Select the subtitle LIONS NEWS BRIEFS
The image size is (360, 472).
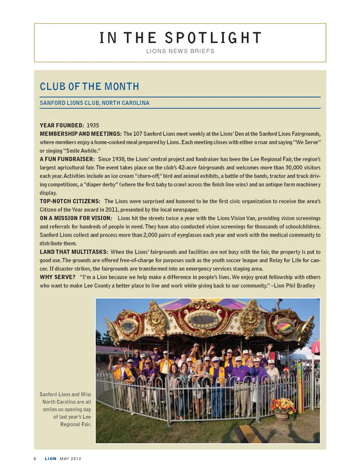180,51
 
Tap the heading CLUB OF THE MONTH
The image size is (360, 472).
89,87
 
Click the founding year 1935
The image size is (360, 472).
93,125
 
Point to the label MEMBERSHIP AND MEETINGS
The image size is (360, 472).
81,134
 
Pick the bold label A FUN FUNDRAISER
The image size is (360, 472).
67,159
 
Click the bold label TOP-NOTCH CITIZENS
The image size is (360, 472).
70,201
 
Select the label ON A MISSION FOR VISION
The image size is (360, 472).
76,218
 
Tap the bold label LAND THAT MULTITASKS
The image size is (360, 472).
74,252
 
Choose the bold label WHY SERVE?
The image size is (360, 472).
57,277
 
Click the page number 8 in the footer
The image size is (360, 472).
35,459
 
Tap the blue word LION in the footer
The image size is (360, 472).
51,459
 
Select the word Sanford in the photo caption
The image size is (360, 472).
48,394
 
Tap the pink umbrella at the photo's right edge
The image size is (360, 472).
316,347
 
